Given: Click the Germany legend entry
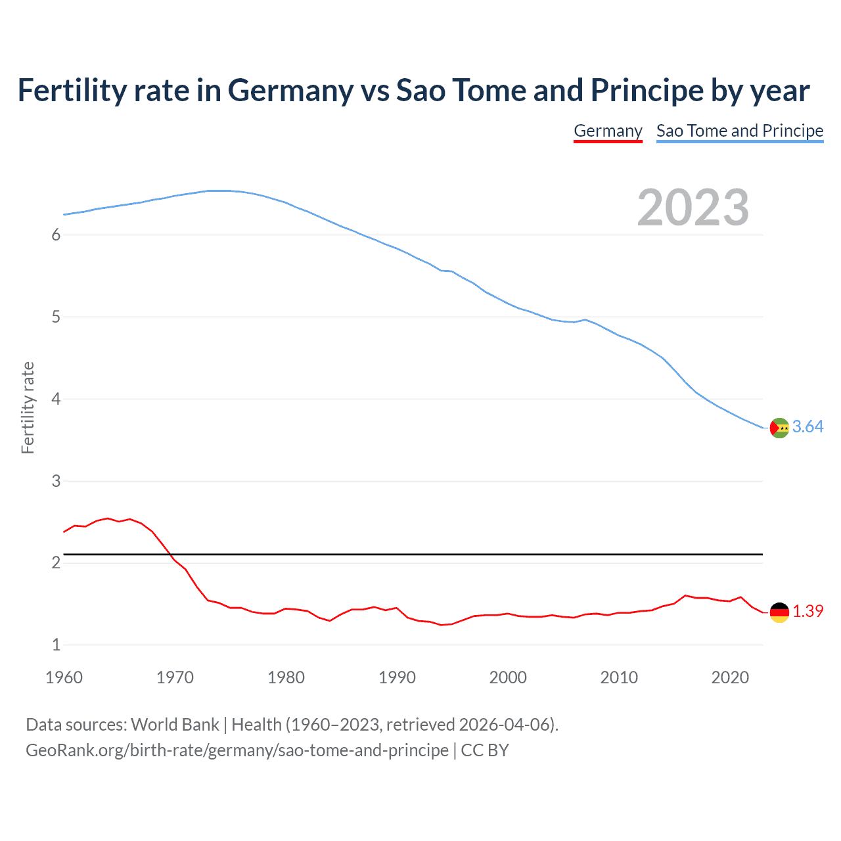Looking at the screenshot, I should [x=608, y=131].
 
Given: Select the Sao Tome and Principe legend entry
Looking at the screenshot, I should [x=739, y=131].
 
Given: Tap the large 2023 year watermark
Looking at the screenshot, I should [x=693, y=208].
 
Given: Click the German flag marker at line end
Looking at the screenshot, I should [x=779, y=612].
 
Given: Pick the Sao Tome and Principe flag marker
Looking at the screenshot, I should [x=779, y=428].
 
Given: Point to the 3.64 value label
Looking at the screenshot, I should [x=807, y=427].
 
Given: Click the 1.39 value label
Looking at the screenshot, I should [x=807, y=611].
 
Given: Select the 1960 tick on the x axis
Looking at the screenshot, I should [x=64, y=677].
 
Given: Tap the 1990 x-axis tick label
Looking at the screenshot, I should [x=397, y=677].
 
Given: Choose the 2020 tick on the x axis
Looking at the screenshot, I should [x=730, y=677].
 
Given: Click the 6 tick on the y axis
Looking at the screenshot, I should [x=56, y=235].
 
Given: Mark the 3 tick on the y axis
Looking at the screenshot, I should [x=56, y=481].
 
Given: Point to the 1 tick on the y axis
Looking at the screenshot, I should [x=56, y=645].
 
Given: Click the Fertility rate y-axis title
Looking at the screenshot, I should [x=28, y=407].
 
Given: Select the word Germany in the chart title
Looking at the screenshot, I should [x=290, y=91].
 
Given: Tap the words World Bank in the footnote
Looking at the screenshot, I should [x=175, y=725].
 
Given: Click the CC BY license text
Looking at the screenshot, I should [x=485, y=750].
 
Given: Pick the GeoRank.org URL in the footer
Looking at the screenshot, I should [x=237, y=750].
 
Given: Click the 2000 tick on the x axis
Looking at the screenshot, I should [x=508, y=677].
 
